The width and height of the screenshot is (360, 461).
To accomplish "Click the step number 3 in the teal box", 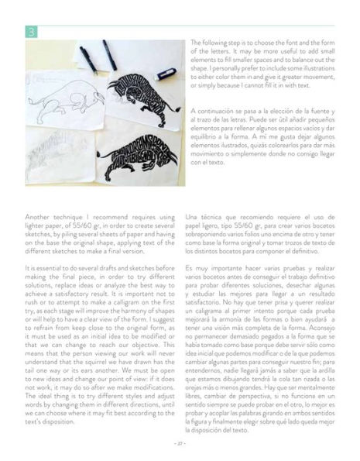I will click(x=30, y=32).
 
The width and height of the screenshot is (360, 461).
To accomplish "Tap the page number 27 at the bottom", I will click(x=180, y=442).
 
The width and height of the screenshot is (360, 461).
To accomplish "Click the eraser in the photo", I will click(x=166, y=74).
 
